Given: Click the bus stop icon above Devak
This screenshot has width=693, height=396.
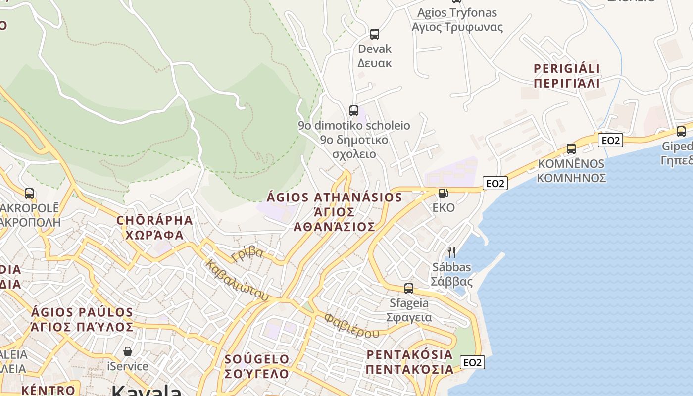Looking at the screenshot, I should pyautogui.click(x=375, y=34).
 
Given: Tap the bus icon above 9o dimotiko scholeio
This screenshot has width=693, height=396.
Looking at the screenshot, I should pyautogui.click(x=353, y=110).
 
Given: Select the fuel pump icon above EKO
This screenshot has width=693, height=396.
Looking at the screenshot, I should pyautogui.click(x=444, y=193).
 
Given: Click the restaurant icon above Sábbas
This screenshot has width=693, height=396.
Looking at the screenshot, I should pyautogui.click(x=451, y=252).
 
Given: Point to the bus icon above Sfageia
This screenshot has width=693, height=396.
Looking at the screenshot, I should pyautogui.click(x=408, y=288).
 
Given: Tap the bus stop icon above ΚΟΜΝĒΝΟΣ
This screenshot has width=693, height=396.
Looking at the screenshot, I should pyautogui.click(x=571, y=148).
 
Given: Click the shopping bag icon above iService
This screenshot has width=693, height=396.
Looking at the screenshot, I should pyautogui.click(x=128, y=351).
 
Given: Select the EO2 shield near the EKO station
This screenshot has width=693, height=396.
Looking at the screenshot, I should pyautogui.click(x=495, y=184).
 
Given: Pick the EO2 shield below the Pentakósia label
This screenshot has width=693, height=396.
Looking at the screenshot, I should pyautogui.click(x=472, y=362).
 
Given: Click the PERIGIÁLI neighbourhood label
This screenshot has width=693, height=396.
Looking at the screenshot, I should pyautogui.click(x=567, y=75).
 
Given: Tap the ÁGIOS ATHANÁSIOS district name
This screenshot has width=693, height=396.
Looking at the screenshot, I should pyautogui.click(x=335, y=212).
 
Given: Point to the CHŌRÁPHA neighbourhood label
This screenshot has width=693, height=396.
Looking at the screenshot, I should pyautogui.click(x=154, y=227).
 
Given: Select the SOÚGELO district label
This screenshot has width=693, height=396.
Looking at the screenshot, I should pyautogui.click(x=257, y=366).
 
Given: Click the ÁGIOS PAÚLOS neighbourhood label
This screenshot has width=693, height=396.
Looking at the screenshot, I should pyautogui.click(x=82, y=320).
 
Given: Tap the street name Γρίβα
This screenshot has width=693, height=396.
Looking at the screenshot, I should pyautogui.click(x=247, y=253).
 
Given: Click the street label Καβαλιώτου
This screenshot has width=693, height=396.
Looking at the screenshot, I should pyautogui.click(x=237, y=280).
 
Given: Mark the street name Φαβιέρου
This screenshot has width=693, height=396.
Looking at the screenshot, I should pyautogui.click(x=351, y=325).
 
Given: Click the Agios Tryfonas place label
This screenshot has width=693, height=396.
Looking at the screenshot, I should pyautogui.click(x=457, y=20).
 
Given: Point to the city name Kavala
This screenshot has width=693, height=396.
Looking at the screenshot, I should pyautogui.click(x=147, y=390).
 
